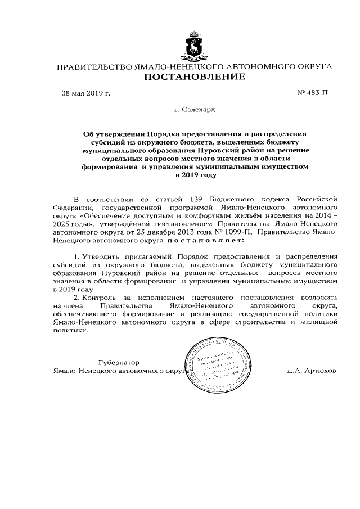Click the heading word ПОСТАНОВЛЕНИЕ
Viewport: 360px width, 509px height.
pyautogui.click(x=195, y=77)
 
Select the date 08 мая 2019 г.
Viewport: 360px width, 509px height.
pyautogui.click(x=85, y=93)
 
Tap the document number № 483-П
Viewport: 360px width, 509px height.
pyautogui.click(x=312, y=93)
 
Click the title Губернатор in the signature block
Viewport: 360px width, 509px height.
pyautogui.click(x=117, y=363)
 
